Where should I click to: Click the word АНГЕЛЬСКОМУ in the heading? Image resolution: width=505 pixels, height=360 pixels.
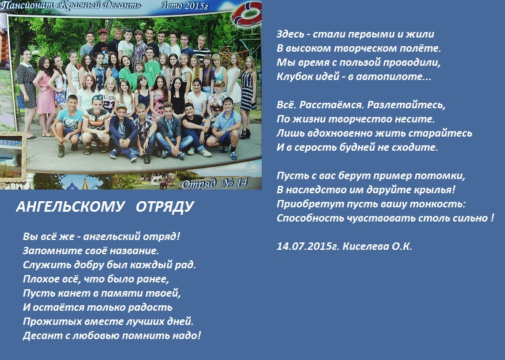coord(70,207)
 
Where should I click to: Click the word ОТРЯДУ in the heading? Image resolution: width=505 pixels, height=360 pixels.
coord(164,207)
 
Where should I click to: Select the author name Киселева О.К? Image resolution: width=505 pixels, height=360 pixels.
coord(378,246)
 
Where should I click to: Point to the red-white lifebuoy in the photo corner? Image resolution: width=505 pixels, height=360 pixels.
coord(247,15)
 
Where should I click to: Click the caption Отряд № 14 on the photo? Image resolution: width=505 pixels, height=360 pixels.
coord(214,183)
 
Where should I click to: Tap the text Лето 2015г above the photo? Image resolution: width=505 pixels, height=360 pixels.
coord(184,6)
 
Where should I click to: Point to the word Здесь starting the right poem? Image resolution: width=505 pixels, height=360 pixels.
coord(290,34)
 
